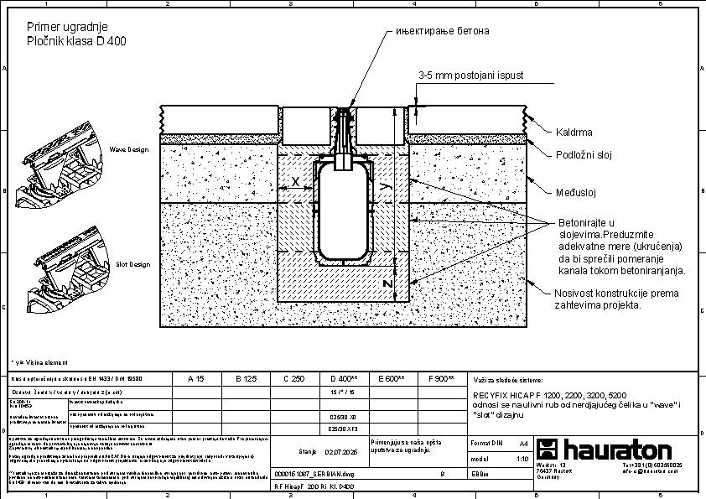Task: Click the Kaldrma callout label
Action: click(574, 133)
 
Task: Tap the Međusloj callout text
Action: click(576, 194)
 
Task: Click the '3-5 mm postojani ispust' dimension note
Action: click(471, 75)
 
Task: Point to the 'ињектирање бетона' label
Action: click(442, 31)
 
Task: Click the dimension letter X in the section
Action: click(295, 182)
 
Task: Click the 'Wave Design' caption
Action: click(128, 149)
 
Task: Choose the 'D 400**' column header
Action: click(344, 379)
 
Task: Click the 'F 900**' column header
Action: click(440, 379)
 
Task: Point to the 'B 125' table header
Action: click(244, 379)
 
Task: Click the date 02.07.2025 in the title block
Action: click(340, 450)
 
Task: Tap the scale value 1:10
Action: click(522, 459)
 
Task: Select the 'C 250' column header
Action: click(293, 379)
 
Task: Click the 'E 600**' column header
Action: click(392, 379)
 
